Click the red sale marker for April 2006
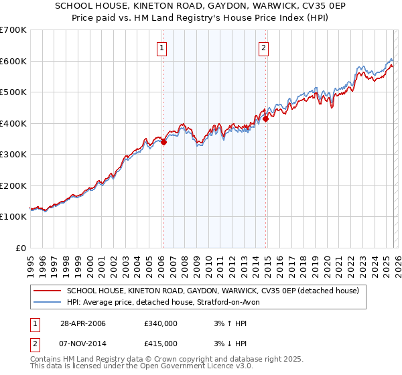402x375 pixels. click(164, 142)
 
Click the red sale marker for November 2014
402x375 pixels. click(266, 119)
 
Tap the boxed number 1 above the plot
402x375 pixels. click(163, 48)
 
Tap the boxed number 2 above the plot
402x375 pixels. click(264, 48)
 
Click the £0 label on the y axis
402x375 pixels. click(20, 248)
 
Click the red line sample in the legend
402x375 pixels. click(48, 291)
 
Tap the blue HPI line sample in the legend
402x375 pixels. click(48, 302)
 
